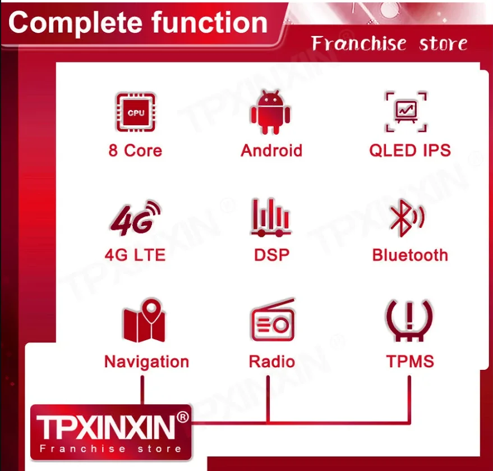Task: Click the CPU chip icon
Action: [x=136, y=112]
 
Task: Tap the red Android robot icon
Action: [x=270, y=112]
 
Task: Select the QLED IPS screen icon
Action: [x=406, y=112]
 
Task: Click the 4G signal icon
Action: [x=136, y=218]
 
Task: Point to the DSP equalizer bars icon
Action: [x=271, y=217]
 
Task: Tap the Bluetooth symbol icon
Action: [x=407, y=218]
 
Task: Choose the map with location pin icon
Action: [x=144, y=321]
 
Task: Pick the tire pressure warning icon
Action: [x=409, y=321]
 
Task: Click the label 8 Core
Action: [x=135, y=150]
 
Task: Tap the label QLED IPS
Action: [x=409, y=150]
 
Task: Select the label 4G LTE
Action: [x=135, y=255]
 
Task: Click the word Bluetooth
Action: [x=410, y=255]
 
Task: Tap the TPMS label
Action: [x=410, y=361]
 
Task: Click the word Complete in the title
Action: [x=76, y=22]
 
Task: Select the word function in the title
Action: [x=209, y=22]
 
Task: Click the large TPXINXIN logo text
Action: [x=105, y=427]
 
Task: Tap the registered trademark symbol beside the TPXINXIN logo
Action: [x=183, y=417]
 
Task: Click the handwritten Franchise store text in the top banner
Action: [x=389, y=43]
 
